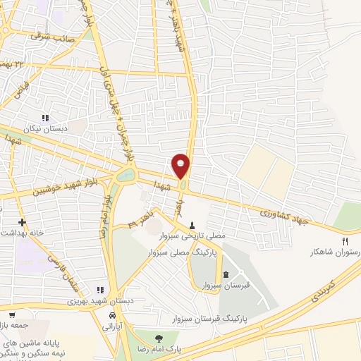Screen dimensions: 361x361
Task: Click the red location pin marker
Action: [181, 166]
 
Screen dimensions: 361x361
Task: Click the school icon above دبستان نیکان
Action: [47, 118]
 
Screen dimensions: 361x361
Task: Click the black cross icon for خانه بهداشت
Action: [23, 221]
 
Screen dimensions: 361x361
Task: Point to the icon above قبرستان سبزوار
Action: [225, 274]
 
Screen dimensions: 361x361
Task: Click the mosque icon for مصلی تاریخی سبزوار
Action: [192, 226]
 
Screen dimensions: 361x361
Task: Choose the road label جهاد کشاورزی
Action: [283, 212]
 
